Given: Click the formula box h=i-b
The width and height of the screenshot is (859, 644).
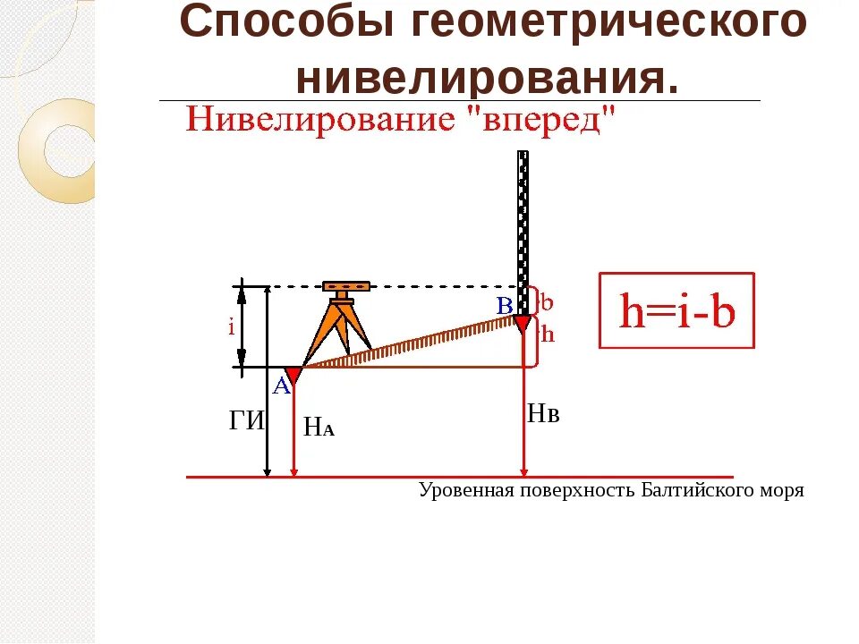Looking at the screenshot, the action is coord(677,310).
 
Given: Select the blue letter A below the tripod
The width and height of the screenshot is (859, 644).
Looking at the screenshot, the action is coord(281,386).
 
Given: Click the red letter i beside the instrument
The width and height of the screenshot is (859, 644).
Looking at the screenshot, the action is coord(231,327).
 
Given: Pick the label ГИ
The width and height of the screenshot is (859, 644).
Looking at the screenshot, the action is coord(247,421).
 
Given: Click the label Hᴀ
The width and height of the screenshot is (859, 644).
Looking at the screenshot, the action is coord(319,428).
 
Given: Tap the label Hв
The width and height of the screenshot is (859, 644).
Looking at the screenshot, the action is coord(543,413).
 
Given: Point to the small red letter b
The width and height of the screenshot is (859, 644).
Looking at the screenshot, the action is coord(546,301).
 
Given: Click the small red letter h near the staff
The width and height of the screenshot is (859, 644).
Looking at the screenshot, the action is coord(548,335).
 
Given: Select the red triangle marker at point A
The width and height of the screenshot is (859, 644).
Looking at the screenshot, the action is coord(293,375).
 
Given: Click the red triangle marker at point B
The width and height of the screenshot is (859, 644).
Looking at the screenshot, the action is coord(523,323).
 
